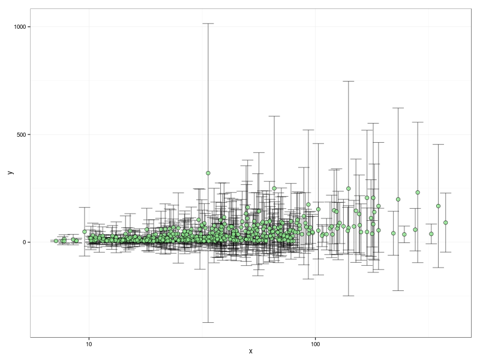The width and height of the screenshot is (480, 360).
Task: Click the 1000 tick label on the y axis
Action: (x=22, y=27)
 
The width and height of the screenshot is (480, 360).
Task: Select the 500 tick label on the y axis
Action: (x=24, y=134)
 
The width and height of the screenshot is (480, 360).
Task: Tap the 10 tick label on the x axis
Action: (x=89, y=344)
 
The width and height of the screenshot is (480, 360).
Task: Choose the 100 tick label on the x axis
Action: (x=315, y=344)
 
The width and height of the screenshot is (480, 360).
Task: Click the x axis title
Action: (x=250, y=352)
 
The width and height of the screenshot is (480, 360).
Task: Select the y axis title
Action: (x=10, y=172)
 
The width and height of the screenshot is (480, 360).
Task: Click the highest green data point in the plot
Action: (x=208, y=173)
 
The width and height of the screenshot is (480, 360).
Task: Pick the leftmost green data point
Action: (x=56, y=241)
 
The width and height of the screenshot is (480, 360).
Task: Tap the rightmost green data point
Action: (x=446, y=223)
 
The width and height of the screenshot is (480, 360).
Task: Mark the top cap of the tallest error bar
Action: (x=208, y=23)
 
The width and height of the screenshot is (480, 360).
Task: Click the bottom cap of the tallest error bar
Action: (x=208, y=322)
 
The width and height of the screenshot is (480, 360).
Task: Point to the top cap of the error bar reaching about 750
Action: (x=348, y=81)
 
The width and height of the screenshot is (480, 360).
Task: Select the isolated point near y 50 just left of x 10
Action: (x=85, y=232)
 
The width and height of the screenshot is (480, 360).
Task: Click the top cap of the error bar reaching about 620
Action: (x=398, y=108)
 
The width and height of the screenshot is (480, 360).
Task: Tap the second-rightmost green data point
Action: (x=439, y=206)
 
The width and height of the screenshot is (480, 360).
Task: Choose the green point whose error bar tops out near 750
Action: (x=348, y=188)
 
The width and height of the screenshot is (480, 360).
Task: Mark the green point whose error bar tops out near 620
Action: (x=398, y=199)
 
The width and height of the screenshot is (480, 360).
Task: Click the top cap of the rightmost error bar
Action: (x=446, y=193)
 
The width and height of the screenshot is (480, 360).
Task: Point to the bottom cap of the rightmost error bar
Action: (x=446, y=252)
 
